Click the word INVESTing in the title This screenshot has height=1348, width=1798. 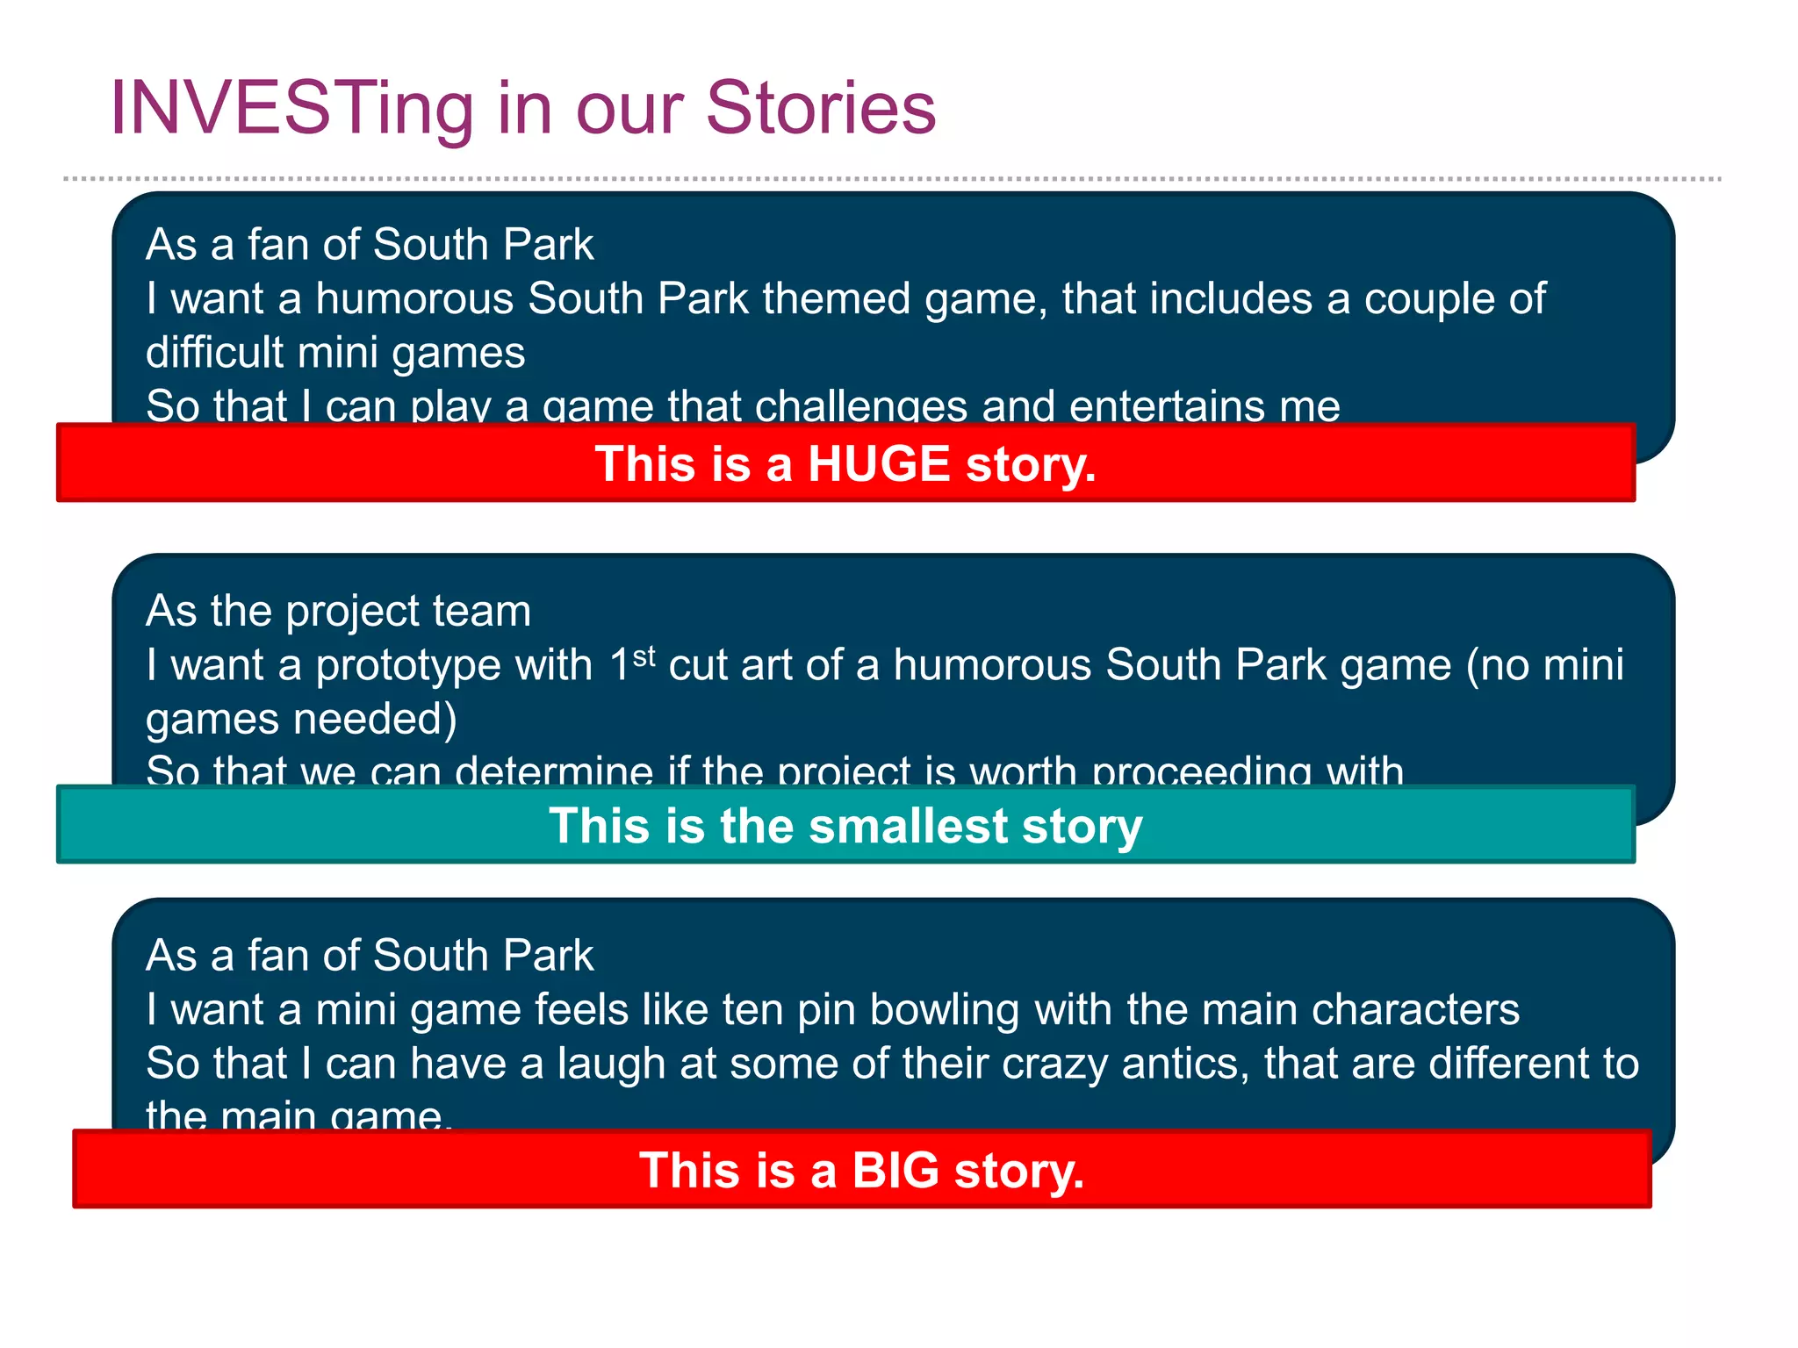pos(291,110)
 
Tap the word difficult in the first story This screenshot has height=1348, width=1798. pos(214,352)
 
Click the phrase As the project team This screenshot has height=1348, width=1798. pos(338,611)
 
